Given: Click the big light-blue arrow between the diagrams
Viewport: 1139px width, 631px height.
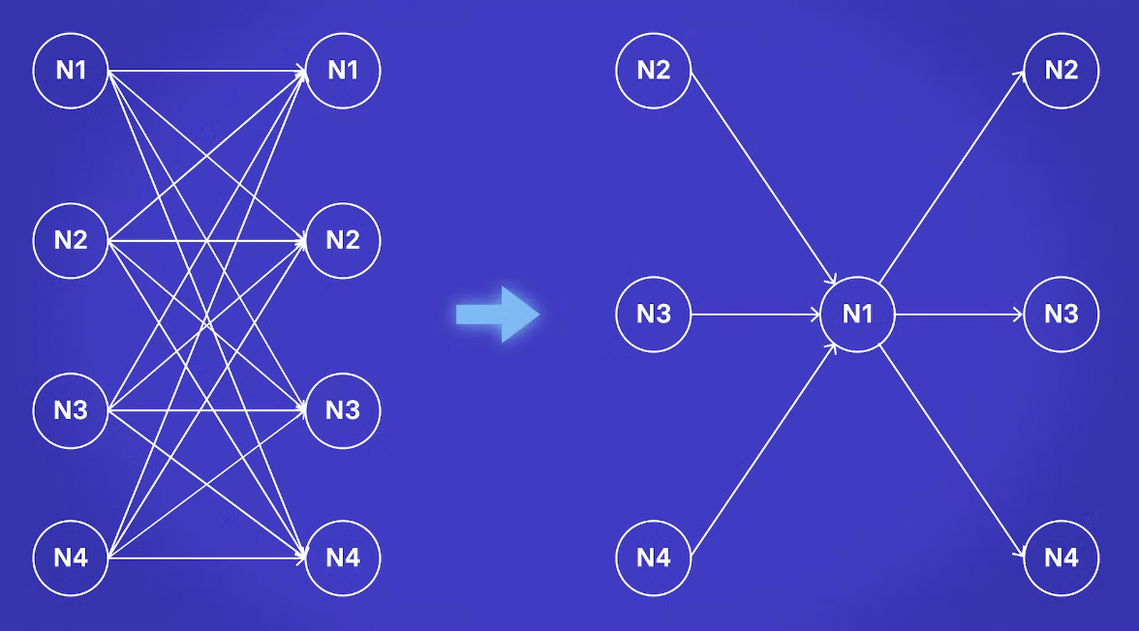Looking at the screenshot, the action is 498,315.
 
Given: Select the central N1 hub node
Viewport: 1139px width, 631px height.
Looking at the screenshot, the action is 857,315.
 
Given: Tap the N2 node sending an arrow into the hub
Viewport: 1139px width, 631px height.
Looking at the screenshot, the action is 653,71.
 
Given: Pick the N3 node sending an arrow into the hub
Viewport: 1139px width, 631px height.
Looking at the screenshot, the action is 653,315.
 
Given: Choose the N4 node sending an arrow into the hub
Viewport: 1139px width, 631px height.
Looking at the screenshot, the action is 653,557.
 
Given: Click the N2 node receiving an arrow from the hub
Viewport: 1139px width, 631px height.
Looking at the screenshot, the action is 1062,71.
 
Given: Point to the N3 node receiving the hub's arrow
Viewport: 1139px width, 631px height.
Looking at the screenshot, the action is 1062,315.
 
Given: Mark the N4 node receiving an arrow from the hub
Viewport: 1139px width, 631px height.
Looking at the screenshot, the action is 1062,557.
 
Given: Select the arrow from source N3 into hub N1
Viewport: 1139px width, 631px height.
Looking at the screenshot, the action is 755,315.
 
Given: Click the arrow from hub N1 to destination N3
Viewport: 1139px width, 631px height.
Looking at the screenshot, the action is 959,315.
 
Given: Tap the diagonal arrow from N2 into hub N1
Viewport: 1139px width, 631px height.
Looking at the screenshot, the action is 763,179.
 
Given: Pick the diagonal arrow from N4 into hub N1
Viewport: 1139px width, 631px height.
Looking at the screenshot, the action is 763,449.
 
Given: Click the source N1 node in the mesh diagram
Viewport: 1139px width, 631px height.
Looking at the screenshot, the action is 71,71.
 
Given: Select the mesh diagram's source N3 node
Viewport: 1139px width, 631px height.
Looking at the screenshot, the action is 71,410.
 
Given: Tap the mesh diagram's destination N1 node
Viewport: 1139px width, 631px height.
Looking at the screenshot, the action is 343,71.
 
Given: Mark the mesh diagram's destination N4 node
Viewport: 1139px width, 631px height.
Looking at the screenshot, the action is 343,557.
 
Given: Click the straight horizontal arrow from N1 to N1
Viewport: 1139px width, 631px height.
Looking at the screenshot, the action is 207,71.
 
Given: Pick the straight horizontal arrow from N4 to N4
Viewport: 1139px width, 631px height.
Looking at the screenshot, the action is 207,557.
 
